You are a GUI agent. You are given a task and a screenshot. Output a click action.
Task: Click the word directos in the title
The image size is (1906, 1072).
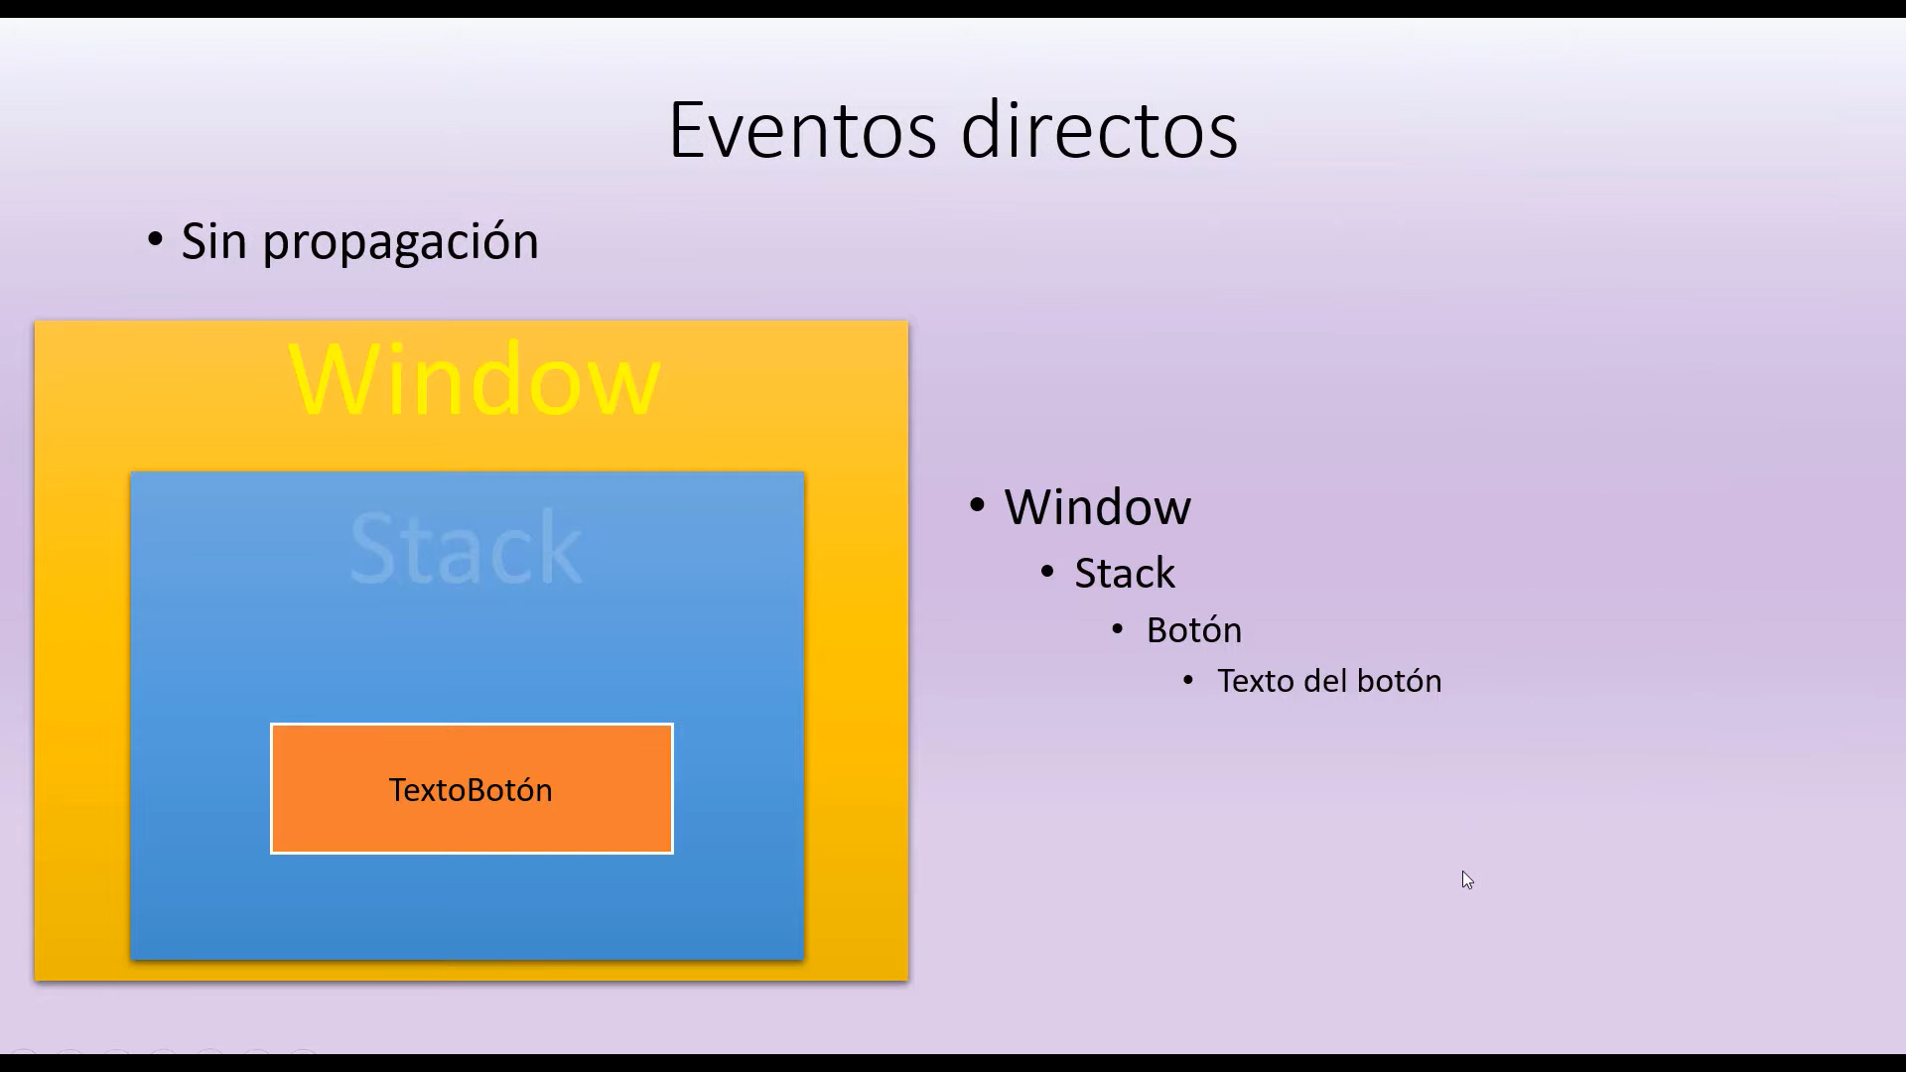point(1100,129)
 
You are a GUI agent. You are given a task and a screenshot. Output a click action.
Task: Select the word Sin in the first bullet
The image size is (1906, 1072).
point(213,241)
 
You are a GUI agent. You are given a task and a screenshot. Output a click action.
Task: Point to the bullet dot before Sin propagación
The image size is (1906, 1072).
point(155,239)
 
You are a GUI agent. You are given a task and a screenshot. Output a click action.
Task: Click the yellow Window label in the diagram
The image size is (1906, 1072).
point(474,379)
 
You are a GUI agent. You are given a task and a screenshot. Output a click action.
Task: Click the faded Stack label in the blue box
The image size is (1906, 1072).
point(466,548)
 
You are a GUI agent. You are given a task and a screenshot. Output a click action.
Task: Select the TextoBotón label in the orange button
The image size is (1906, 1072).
point(471,790)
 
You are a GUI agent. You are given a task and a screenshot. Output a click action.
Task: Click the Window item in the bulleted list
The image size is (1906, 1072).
point(1097,507)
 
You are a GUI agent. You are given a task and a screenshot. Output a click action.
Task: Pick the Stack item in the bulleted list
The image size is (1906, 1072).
point(1125,574)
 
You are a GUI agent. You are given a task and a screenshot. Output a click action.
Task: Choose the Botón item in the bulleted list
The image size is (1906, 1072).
point(1194,630)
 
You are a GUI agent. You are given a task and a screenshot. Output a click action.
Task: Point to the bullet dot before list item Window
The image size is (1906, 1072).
point(977,505)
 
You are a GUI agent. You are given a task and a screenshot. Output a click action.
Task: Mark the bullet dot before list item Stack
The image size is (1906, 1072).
point(1047,572)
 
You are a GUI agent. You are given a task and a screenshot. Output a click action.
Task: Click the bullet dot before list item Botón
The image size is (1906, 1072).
point(1118,628)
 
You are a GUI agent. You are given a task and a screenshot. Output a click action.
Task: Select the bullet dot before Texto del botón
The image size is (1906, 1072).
point(1188,680)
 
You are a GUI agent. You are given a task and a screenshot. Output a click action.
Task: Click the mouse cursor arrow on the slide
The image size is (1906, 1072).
point(1467,879)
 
